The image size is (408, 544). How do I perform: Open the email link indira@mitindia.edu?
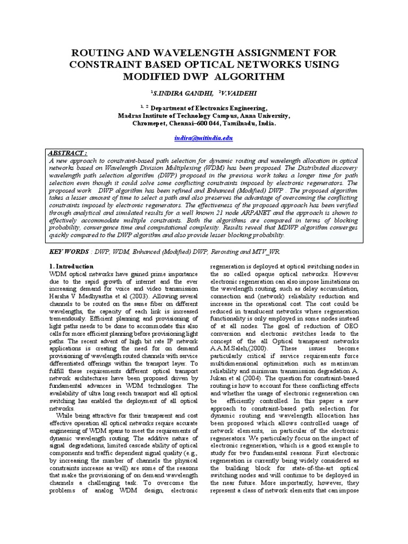pyautogui.click(x=203, y=138)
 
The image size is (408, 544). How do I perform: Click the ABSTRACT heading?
pyautogui.click(x=68, y=153)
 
